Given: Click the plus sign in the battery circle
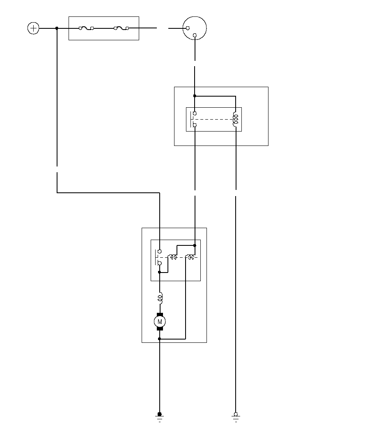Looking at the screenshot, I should (x=33, y=28).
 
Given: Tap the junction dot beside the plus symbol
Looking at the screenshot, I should (x=57, y=28).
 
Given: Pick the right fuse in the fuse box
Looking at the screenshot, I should (x=121, y=28).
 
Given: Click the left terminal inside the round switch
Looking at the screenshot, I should (x=188, y=28).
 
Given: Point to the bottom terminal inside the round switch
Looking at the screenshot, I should (x=195, y=35).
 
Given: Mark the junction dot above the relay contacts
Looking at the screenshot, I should (x=195, y=96).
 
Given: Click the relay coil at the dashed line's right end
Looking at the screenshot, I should (x=236, y=119).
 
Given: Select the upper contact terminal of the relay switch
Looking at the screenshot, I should (x=195, y=113).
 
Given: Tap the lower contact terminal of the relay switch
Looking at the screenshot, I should (x=195, y=125).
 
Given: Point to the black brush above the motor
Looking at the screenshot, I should (x=160, y=314).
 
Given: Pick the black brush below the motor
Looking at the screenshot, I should (x=160, y=329).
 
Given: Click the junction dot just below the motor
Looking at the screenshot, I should (x=160, y=339).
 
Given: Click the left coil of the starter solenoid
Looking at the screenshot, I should (x=174, y=258).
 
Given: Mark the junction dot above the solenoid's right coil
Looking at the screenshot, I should (x=195, y=245).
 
